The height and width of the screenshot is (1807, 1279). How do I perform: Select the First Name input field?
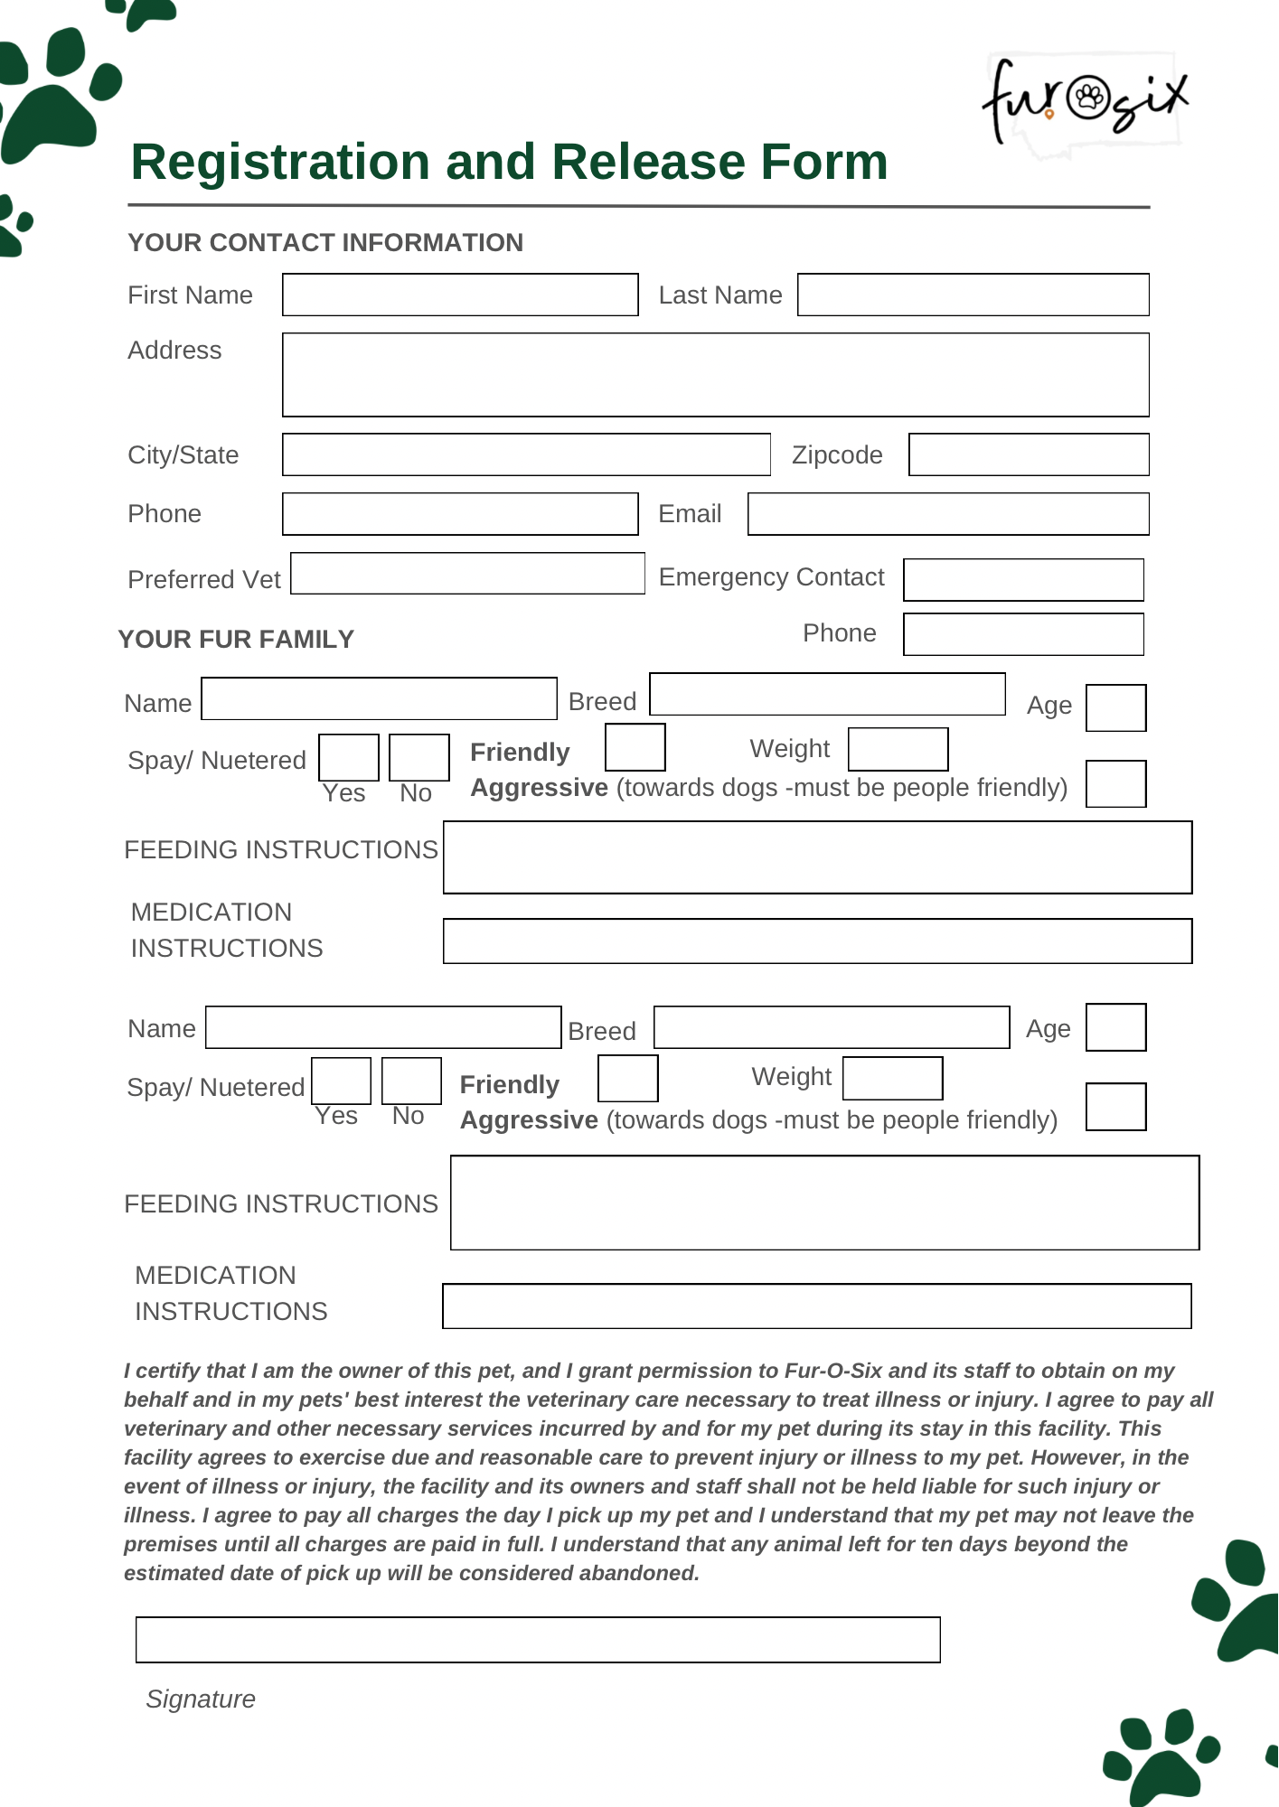460,295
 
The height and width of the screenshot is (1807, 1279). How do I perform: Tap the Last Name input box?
973,295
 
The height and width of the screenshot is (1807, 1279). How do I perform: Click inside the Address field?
715,375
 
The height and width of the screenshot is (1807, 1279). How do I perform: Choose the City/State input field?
526,454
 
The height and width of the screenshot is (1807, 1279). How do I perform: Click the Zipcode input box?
1029,454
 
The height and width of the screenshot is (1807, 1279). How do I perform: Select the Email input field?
948,514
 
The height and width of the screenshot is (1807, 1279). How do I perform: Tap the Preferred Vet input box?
467,574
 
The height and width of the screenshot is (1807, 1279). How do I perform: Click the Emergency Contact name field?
1023,580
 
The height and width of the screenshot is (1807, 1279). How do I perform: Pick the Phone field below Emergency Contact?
1023,634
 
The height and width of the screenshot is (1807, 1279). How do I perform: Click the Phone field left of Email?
460,514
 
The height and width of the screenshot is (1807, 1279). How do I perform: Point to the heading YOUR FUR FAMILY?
236,640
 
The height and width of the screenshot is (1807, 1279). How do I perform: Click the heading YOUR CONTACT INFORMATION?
325,243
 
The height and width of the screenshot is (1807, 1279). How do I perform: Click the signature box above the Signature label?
538,1640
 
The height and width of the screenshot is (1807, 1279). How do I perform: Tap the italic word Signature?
201,1699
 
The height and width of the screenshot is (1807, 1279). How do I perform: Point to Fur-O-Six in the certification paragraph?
832,1371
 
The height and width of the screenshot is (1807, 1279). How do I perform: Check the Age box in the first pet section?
1115,707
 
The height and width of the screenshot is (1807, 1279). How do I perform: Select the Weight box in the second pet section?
892,1079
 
